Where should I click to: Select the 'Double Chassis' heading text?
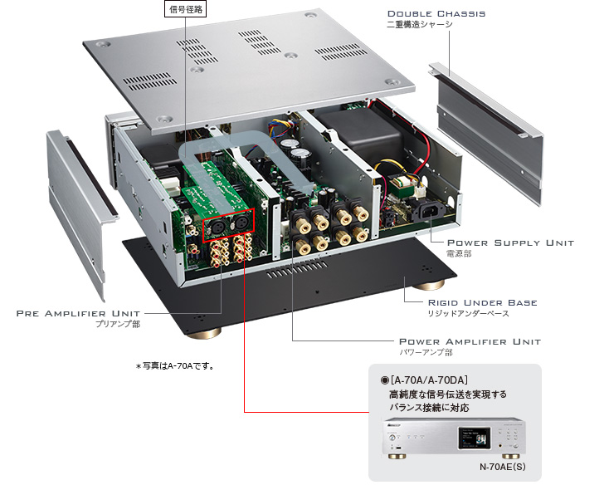coord(436,13)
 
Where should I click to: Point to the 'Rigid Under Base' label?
coord(482,302)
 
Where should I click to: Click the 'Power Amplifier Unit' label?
coord(470,341)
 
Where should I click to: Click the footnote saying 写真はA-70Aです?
coord(175,365)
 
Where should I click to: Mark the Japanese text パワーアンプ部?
coord(426,353)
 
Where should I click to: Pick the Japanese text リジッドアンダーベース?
coord(469,314)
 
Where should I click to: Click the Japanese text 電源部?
coord(459,254)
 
